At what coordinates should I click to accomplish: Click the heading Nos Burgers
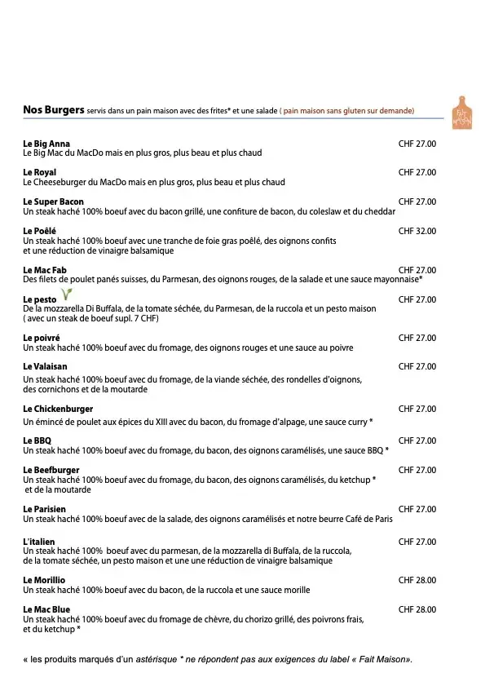[54, 109]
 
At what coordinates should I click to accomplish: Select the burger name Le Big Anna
[46, 144]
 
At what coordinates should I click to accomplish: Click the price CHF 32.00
[417, 231]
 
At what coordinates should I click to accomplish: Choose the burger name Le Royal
[39, 173]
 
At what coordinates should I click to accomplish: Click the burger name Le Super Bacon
[53, 201]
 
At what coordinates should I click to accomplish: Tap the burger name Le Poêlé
[39, 231]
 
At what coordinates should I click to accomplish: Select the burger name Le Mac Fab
[45, 270]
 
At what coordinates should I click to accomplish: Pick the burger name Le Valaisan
[45, 367]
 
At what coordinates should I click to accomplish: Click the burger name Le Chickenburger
[58, 409]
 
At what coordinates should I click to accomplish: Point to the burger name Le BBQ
[37, 440]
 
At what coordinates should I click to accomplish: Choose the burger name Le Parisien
[45, 509]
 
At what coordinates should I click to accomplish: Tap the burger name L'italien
[40, 542]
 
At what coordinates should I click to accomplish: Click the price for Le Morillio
[417, 580]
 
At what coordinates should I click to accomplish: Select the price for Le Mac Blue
[417, 609]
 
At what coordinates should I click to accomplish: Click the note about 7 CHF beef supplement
[91, 319]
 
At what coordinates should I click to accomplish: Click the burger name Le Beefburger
[51, 470]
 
